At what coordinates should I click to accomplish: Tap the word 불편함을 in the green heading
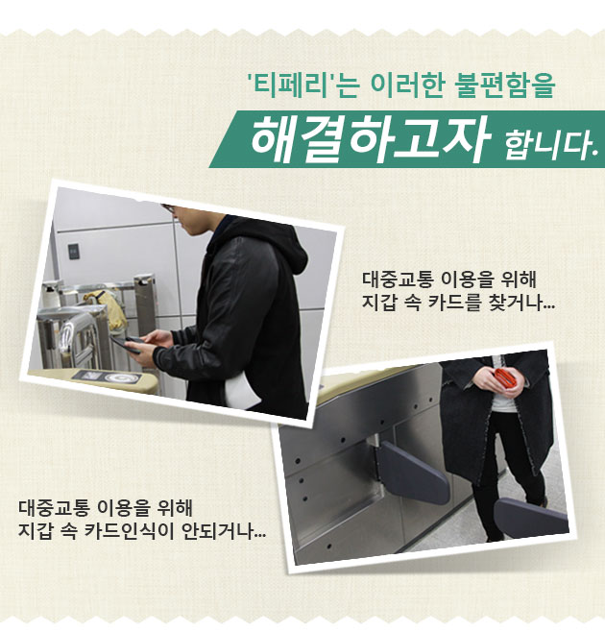(x=504, y=85)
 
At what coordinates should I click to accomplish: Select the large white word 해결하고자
(x=370, y=138)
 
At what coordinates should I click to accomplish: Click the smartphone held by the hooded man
(x=125, y=344)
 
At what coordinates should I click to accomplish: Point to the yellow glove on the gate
(x=105, y=306)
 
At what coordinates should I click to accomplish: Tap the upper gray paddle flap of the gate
(x=412, y=471)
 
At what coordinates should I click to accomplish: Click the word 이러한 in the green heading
(x=407, y=85)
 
